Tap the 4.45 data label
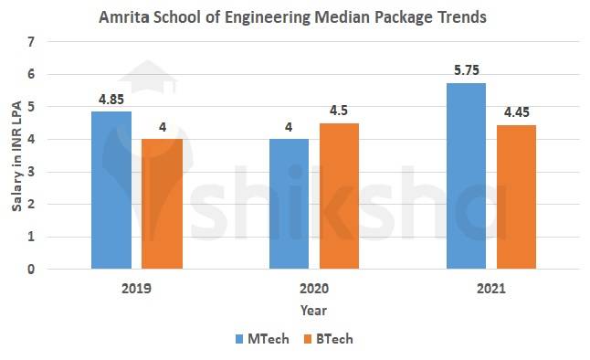click(515, 114)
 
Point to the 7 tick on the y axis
click(32, 42)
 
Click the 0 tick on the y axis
click(32, 270)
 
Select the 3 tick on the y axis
click(32, 172)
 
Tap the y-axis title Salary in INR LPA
click(16, 156)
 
